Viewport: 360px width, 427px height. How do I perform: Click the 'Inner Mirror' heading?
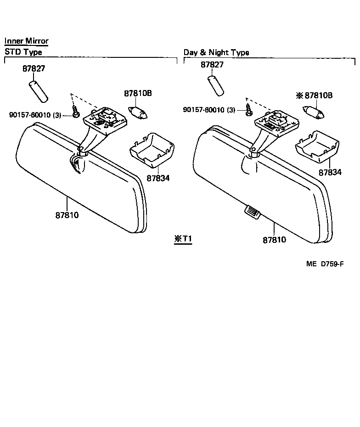point(26,41)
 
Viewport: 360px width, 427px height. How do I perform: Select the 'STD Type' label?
point(23,52)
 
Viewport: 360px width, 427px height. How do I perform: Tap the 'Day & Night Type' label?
point(216,52)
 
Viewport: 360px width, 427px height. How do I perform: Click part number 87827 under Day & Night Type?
point(212,65)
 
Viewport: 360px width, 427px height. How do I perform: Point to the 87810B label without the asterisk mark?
point(138,93)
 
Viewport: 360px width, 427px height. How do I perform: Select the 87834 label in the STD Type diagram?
point(146,177)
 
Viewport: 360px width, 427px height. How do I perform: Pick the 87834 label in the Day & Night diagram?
point(331,172)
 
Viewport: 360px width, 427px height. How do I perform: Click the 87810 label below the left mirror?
point(67,215)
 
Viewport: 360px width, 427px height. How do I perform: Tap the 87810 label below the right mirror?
point(275,239)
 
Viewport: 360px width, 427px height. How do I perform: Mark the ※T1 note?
point(183,239)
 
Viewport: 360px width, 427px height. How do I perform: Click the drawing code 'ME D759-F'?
point(325,264)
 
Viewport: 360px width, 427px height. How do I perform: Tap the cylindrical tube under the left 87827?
point(39,91)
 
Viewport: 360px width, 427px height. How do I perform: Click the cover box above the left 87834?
point(151,149)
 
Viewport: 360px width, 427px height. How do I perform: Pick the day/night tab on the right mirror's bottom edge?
point(252,211)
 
